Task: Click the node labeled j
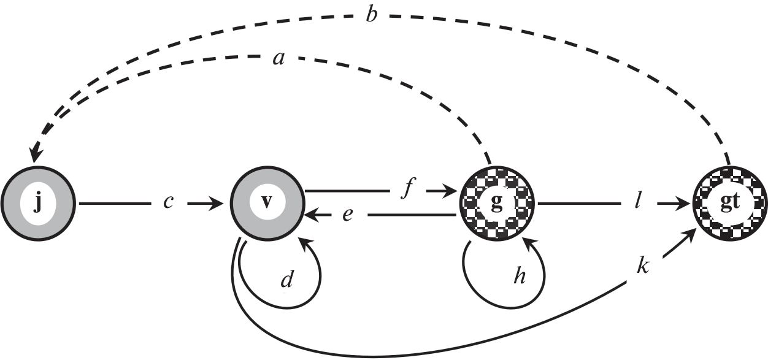(x=37, y=202)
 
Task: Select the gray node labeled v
(x=267, y=202)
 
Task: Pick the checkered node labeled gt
(x=729, y=202)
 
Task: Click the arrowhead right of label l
(x=682, y=202)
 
